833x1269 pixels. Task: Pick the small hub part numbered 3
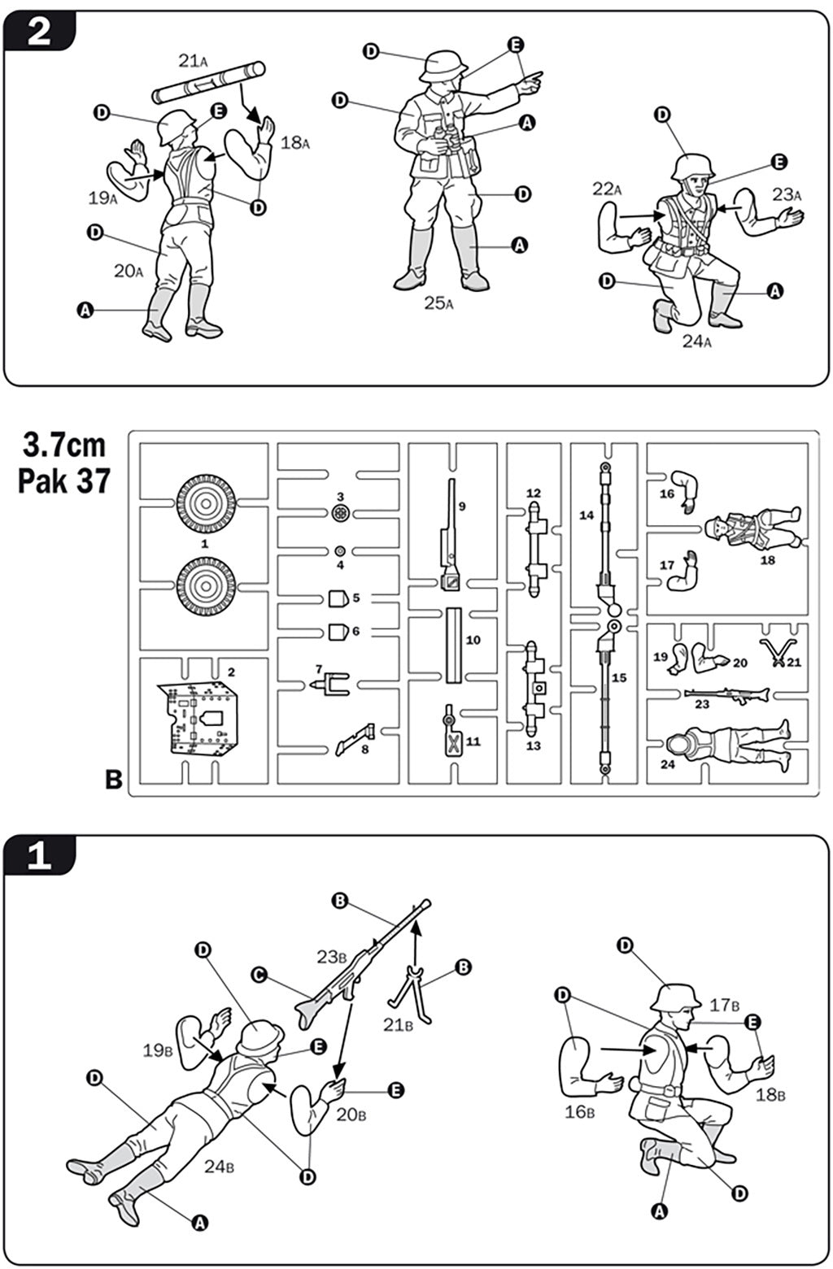(x=342, y=512)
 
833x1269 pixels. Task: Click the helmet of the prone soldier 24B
(x=259, y=1038)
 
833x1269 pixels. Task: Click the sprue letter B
(x=114, y=780)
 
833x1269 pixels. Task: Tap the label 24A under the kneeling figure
(x=696, y=341)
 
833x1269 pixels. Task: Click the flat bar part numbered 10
(x=453, y=645)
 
